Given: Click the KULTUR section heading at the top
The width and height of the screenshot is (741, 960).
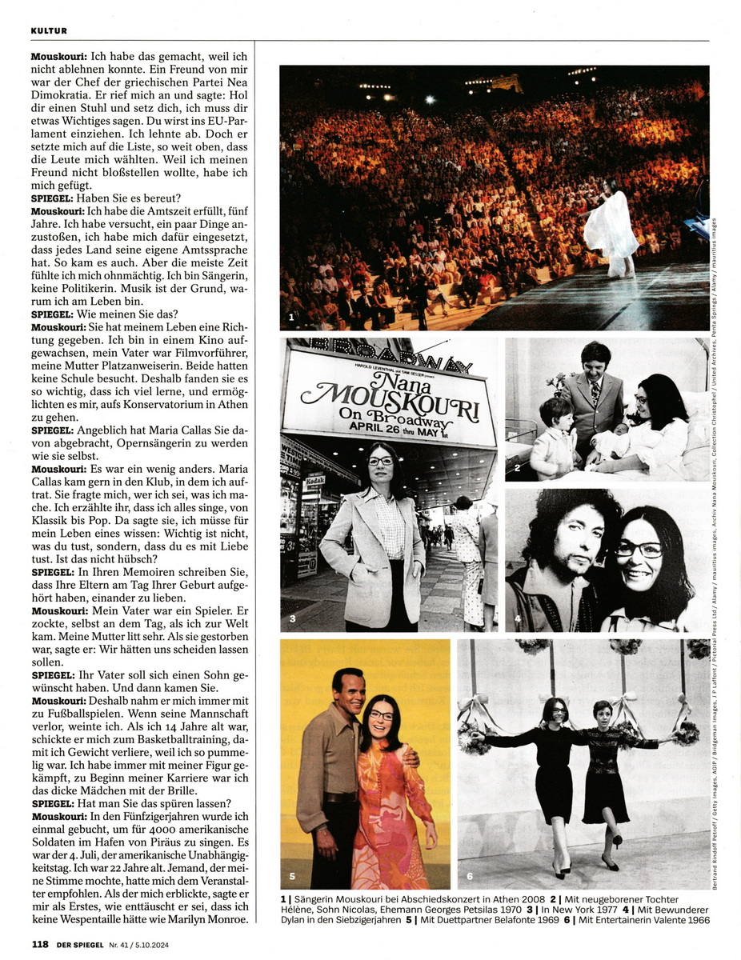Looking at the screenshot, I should pyautogui.click(x=49, y=31).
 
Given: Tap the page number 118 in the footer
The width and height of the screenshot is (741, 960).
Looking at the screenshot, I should pyautogui.click(x=41, y=944).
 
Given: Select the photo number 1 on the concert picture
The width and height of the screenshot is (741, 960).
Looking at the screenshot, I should pyautogui.click(x=292, y=318).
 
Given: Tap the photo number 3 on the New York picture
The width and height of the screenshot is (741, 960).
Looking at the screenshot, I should pyautogui.click(x=292, y=618).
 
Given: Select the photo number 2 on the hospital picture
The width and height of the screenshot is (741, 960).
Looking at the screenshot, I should pyautogui.click(x=517, y=466).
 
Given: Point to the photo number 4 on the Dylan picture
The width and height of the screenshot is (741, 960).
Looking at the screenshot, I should pyautogui.click(x=517, y=618).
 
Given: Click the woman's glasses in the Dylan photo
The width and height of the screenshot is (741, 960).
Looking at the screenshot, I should pyautogui.click(x=639, y=550).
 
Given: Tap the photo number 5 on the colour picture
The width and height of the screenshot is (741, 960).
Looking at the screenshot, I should pyautogui.click(x=292, y=876).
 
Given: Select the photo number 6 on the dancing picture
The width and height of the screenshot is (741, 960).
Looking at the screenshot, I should pyautogui.click(x=470, y=876).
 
